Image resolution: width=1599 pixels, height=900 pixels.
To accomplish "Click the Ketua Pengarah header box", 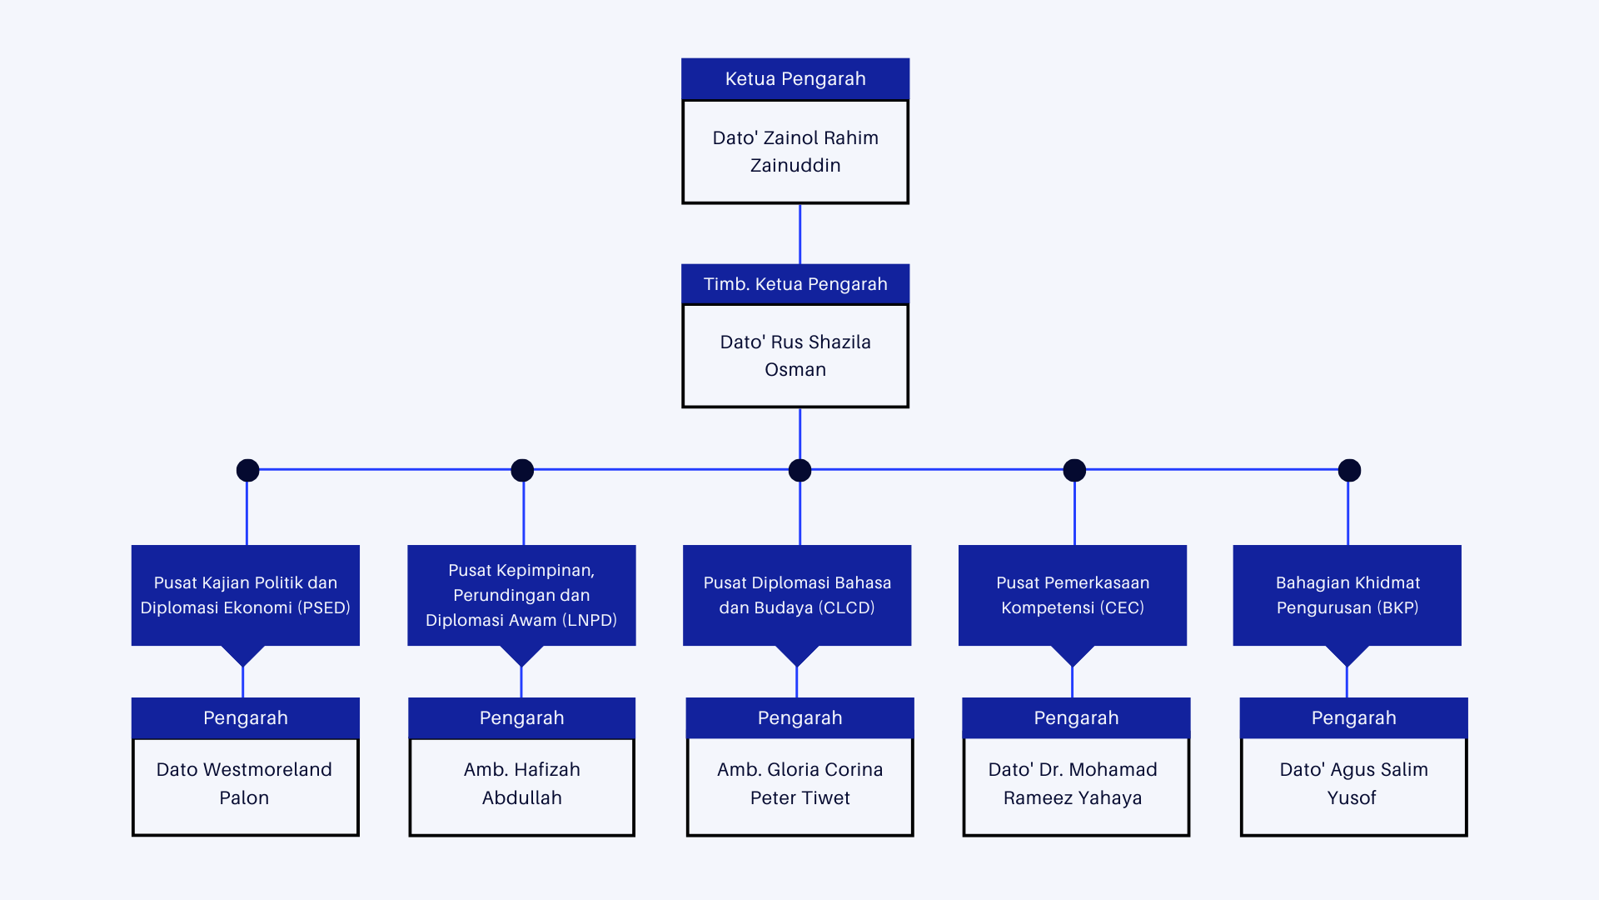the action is (795, 79).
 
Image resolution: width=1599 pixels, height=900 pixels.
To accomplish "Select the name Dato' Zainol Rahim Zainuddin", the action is (795, 152).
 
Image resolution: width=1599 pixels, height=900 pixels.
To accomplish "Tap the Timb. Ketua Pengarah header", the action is (795, 284).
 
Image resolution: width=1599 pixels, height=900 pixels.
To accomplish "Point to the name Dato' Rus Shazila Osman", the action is (795, 356).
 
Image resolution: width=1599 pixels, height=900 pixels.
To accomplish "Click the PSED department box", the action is (246, 595).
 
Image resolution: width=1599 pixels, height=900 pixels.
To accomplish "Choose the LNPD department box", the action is (521, 595).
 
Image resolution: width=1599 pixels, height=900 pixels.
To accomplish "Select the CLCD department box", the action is (797, 595).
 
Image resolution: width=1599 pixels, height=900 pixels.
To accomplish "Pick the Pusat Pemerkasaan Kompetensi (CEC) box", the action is (1073, 595).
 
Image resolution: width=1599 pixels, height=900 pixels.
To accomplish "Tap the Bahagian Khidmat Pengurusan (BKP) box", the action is (1347, 595).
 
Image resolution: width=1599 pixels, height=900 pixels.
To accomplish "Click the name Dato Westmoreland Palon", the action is (244, 783).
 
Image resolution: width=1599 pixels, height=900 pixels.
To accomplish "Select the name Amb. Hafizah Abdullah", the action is (522, 783).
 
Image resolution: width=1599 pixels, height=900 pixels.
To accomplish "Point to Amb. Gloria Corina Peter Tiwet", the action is (800, 783).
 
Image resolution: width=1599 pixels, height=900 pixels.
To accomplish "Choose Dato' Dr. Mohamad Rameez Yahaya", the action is (1073, 783).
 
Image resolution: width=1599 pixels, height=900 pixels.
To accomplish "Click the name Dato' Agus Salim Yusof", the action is (1353, 783).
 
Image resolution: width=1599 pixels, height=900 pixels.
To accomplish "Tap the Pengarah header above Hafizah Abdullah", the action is (522, 718).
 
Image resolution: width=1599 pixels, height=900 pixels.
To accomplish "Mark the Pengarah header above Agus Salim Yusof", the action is (1354, 718).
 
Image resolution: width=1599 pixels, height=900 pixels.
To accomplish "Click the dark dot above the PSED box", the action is (247, 471).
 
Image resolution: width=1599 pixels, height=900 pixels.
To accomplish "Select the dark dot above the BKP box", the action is (1349, 471).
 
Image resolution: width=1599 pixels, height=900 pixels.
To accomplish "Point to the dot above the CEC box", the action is (1074, 471).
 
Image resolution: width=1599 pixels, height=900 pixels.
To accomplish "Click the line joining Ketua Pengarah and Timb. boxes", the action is (799, 234).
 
